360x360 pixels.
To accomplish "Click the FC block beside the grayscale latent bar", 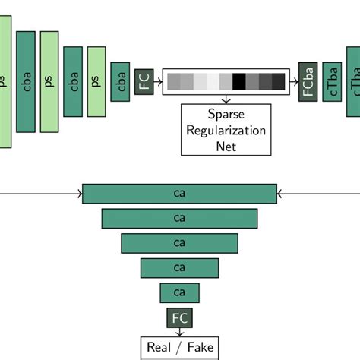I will pos(144,81).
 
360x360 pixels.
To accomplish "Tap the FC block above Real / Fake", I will pos(179,317).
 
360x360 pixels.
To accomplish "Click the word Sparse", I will pos(226,114).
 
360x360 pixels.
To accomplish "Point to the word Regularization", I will pos(226,130).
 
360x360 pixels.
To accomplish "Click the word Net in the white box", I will pos(226,146).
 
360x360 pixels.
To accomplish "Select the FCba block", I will pos(308,81).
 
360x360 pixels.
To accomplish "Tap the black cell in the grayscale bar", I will pos(239,81).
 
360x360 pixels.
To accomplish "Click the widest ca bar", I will pos(179,194).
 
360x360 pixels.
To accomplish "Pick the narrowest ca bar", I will pos(179,292).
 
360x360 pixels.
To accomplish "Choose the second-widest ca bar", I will pos(179,219).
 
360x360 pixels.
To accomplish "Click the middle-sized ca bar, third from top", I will pos(179,243).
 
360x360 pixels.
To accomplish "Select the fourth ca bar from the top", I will pos(179,267).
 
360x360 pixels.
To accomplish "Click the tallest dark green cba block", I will pos(26,81).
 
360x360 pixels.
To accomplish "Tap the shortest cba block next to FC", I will pos(120,81).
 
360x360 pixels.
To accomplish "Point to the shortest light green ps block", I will pos(96,81).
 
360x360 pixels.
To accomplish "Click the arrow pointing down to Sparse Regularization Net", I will pos(226,99).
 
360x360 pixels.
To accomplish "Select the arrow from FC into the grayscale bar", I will pos(159,81).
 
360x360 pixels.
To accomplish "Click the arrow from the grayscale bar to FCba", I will pos(294,81).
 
